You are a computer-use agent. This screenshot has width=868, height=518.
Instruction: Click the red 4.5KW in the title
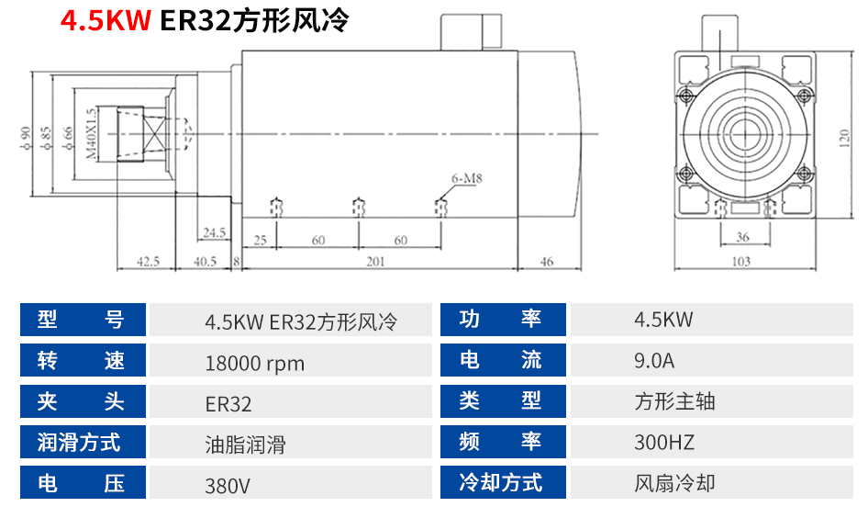pyautogui.click(x=106, y=21)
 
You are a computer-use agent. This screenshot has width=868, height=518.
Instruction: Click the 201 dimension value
pyautogui.click(x=375, y=262)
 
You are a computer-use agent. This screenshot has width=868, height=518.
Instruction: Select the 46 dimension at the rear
pyautogui.click(x=547, y=262)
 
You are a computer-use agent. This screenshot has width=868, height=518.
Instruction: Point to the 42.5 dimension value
pyautogui.click(x=148, y=262)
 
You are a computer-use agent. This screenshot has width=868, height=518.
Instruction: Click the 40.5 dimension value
pyautogui.click(x=206, y=262)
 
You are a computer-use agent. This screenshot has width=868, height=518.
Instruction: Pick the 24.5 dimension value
pyautogui.click(x=216, y=232)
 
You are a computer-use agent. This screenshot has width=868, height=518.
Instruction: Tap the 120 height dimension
pyautogui.click(x=843, y=137)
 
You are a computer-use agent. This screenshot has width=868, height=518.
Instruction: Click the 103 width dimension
pyautogui.click(x=742, y=262)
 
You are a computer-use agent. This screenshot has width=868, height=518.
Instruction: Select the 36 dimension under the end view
pyautogui.click(x=742, y=237)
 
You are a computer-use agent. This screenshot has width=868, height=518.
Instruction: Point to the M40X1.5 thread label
pyautogui.click(x=90, y=134)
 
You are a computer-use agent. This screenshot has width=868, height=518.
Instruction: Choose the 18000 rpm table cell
pyautogui.click(x=254, y=363)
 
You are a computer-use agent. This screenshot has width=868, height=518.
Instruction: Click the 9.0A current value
pyautogui.click(x=653, y=360)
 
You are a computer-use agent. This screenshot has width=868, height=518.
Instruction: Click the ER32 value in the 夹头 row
pyautogui.click(x=228, y=403)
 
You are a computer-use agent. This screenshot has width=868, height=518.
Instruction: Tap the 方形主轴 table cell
pyautogui.click(x=674, y=401)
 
